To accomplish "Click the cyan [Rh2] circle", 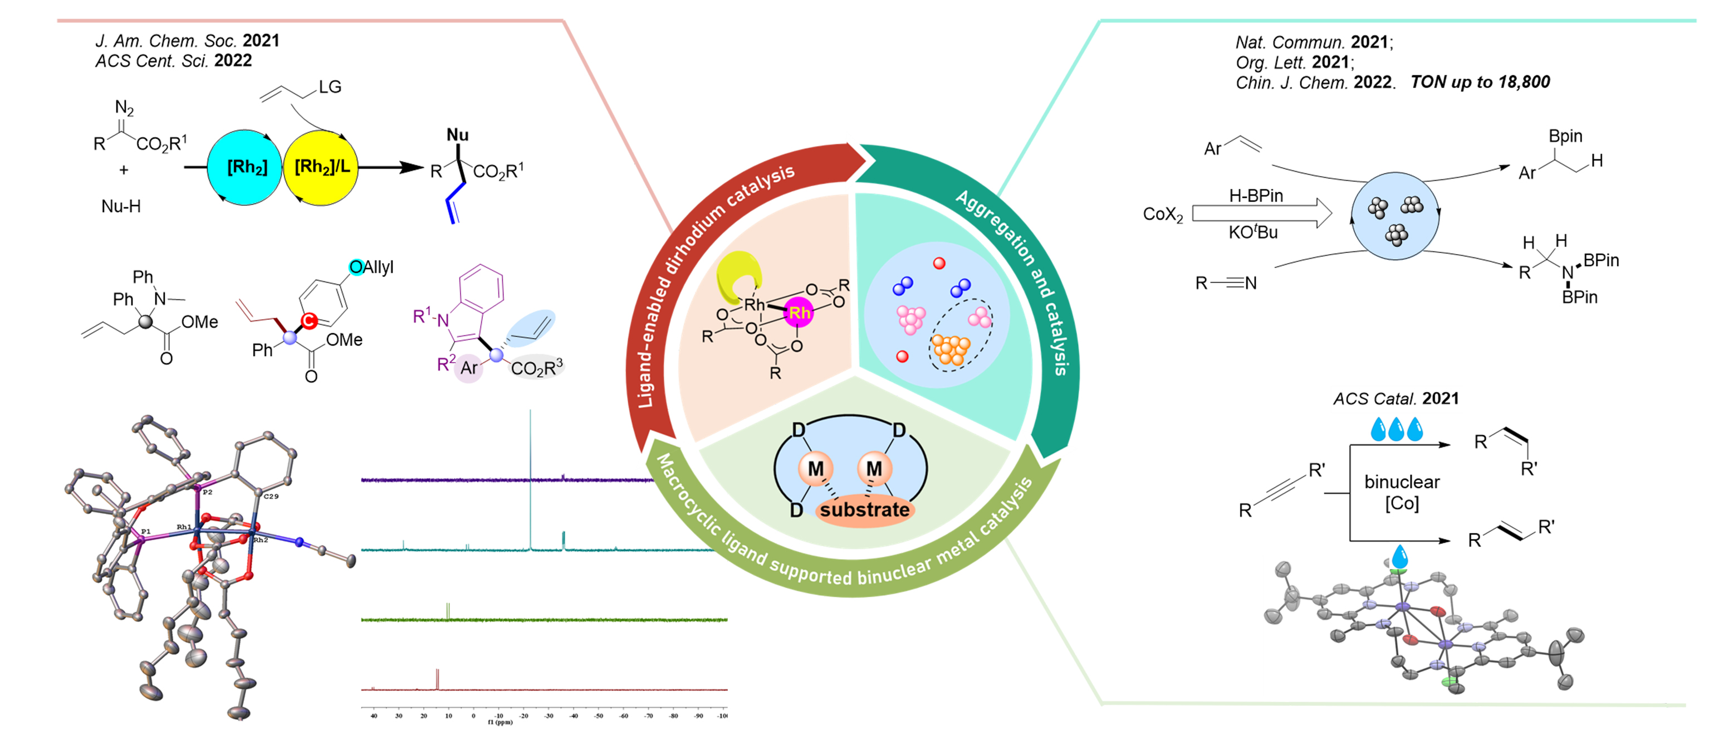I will [x=246, y=167].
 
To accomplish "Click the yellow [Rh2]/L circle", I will [x=321, y=167].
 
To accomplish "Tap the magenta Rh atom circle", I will [x=799, y=312].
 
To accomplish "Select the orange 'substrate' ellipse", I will [x=864, y=510].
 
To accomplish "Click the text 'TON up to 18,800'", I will [x=1480, y=82].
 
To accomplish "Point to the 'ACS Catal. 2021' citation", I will [x=1396, y=398].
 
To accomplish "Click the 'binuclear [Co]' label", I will [x=1401, y=492].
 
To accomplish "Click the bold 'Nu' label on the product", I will [x=457, y=135].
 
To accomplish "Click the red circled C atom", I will [x=309, y=321].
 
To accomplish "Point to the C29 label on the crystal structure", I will [x=271, y=496].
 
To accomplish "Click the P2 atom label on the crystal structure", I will [x=208, y=492].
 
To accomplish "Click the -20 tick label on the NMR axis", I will [x=523, y=716].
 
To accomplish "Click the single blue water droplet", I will [x=1400, y=557].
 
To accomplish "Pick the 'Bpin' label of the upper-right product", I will [x=1565, y=136].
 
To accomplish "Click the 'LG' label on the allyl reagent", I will [x=330, y=87].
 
